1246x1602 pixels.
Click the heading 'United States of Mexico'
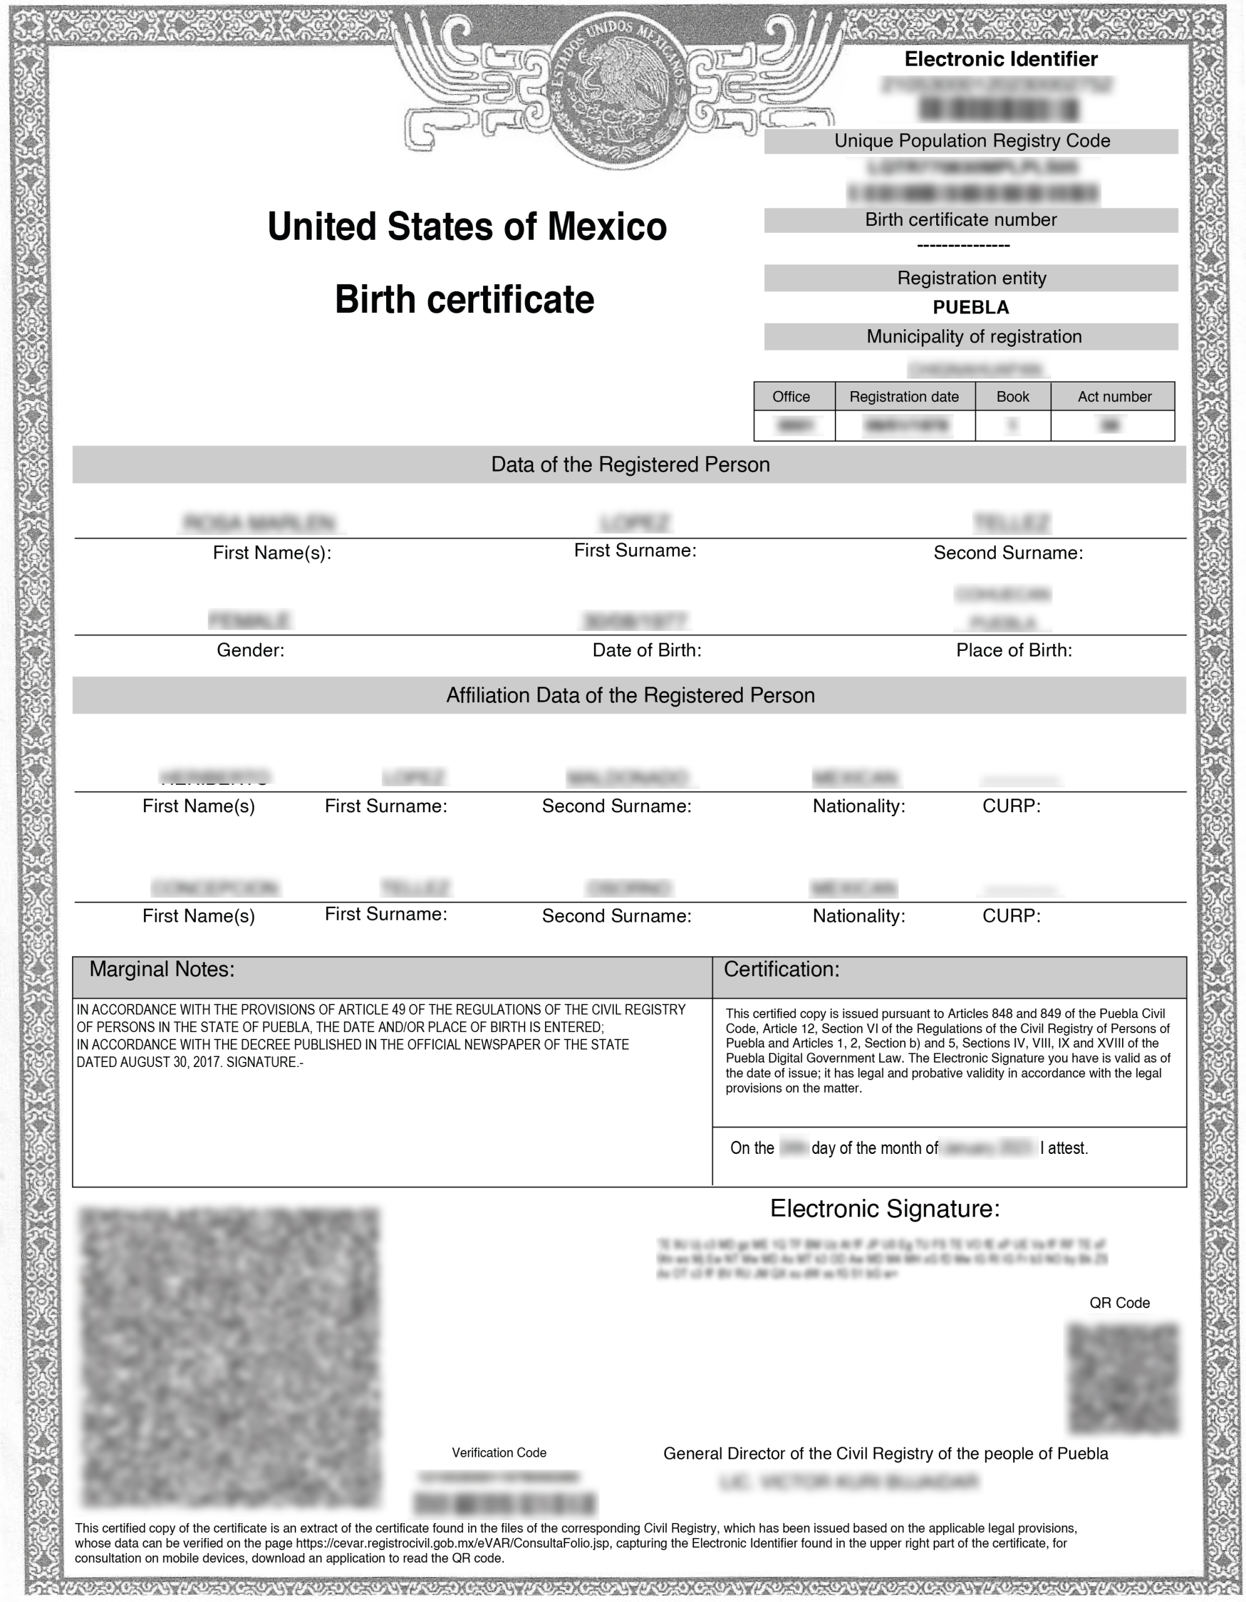pos(467,226)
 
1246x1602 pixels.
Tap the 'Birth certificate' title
pos(464,299)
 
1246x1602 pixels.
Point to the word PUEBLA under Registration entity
pos(970,307)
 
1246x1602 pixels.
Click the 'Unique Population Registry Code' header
pos(972,141)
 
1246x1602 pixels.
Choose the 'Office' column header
pos(790,397)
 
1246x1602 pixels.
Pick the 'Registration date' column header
pos(904,397)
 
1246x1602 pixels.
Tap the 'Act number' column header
pos(1114,397)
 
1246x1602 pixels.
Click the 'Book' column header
pos(1012,397)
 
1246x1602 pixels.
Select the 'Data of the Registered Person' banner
pos(630,464)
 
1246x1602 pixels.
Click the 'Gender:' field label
pos(250,650)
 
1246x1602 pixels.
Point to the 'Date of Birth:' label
pos(646,650)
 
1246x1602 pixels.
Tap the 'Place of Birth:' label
pos(1014,650)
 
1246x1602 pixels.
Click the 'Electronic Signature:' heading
pos(884,1208)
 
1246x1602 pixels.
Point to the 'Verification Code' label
pos(499,1452)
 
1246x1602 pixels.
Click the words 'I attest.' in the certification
pos(1063,1148)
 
